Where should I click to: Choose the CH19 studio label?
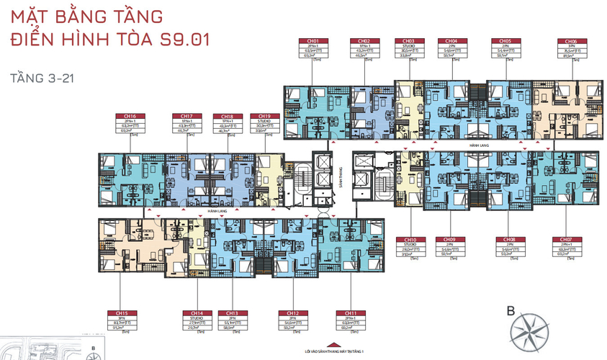pos(260,116)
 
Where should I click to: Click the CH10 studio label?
pos(410,239)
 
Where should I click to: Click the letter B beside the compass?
pos(511,312)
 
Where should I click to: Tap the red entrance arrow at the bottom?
pos(333,343)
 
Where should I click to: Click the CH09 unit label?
pos(450,239)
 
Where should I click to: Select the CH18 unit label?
pos(227,116)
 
